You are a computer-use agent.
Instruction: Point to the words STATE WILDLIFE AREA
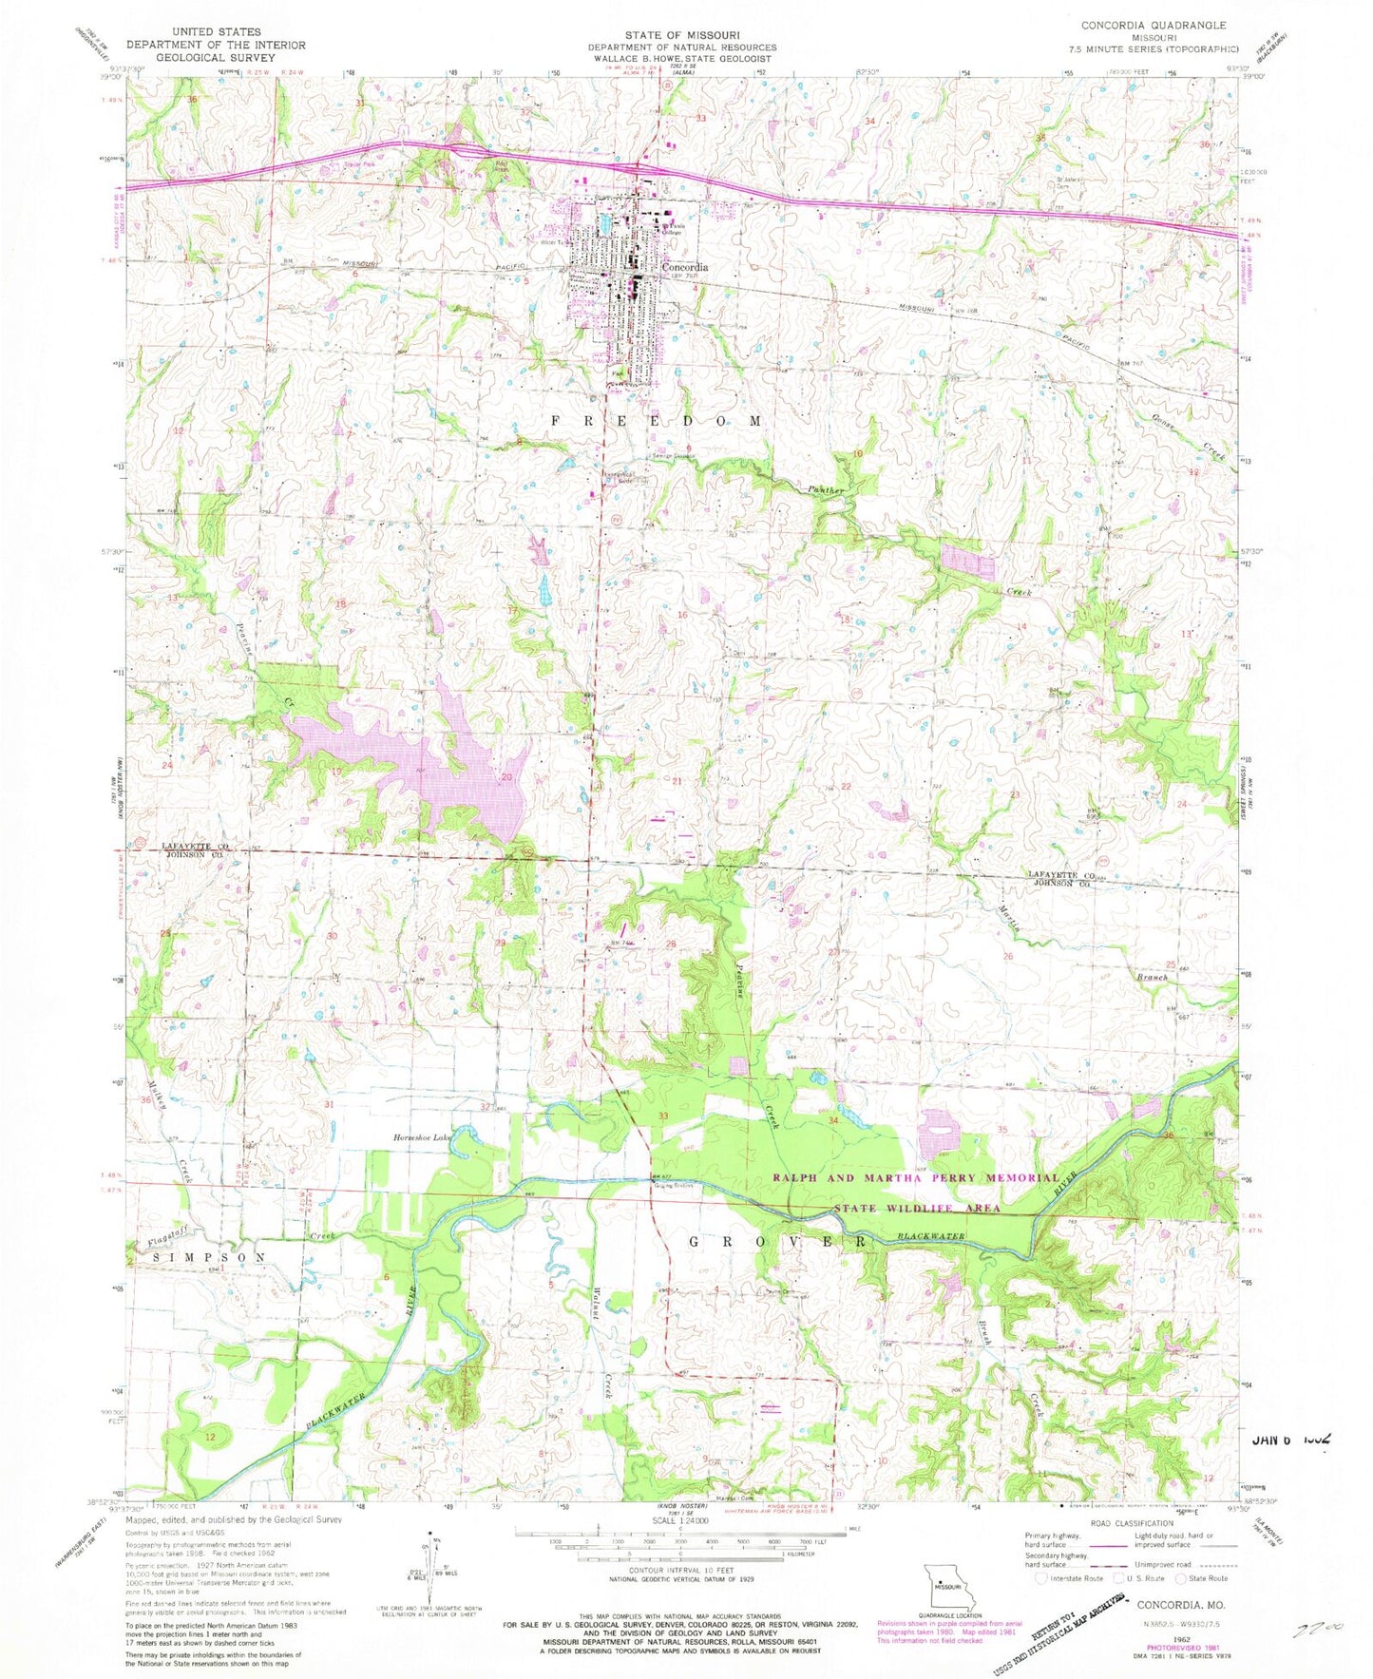pos(917,1208)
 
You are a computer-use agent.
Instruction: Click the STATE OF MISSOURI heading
pos(681,34)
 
